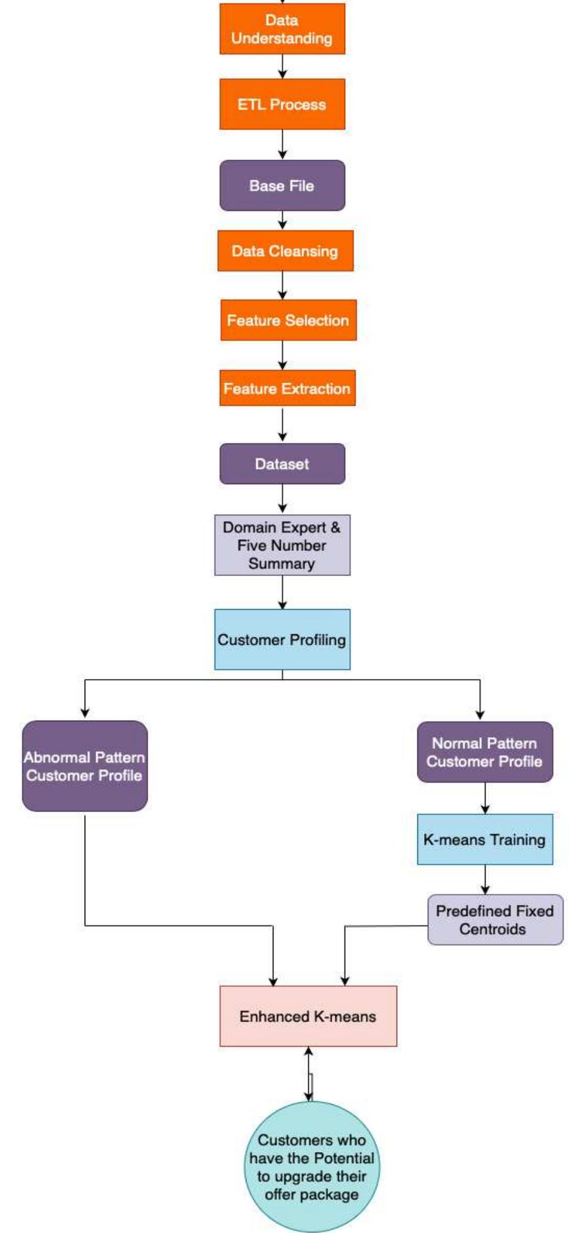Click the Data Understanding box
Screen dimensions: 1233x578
[282, 29]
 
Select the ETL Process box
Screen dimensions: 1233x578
[282, 104]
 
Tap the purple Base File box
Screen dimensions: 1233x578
[282, 186]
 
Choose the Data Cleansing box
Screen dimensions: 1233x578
[285, 251]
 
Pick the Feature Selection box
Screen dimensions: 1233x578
[288, 320]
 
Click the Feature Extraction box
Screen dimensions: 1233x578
[287, 388]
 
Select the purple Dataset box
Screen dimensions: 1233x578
[282, 464]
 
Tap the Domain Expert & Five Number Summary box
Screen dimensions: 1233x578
[282, 545]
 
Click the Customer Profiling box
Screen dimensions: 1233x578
[282, 639]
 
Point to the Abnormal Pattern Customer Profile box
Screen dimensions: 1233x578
[85, 766]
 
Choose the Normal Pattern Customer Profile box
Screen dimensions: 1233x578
[485, 752]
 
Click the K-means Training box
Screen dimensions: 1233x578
[485, 840]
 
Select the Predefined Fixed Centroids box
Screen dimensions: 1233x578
[495, 920]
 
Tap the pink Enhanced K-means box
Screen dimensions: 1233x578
[308, 1016]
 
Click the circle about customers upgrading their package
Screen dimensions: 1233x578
[311, 1167]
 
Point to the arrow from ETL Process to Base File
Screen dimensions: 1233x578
[282, 145]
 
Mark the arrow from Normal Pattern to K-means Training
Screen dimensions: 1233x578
[485, 798]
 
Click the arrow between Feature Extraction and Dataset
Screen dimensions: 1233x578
[282, 424]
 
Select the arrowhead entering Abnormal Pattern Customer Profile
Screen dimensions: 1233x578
[85, 713]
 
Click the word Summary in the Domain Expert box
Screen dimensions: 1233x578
[281, 564]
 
